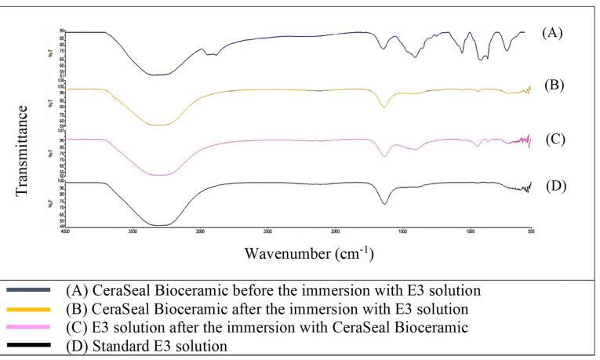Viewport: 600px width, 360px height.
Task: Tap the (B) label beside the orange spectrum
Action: pos(553,84)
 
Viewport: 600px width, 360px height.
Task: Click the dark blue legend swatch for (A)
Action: pos(30,289)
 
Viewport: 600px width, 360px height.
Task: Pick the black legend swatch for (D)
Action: pos(30,345)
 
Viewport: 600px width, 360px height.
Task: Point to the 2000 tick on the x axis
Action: pos(335,232)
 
